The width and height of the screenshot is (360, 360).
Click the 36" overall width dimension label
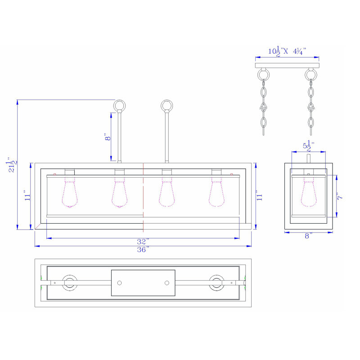click(x=143, y=249)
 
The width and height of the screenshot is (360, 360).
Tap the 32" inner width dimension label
click(x=143, y=242)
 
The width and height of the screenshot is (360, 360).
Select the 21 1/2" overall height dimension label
click(x=12, y=165)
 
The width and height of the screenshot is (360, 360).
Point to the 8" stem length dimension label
click(x=108, y=137)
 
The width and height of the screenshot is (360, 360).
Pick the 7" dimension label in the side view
click(x=340, y=196)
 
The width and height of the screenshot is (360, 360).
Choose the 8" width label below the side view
click(x=309, y=236)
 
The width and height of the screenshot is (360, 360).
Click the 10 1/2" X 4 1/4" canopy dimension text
click(x=287, y=51)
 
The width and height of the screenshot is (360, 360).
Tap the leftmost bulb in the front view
click(x=70, y=193)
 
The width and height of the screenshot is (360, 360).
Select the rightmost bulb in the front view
click(x=216, y=192)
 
